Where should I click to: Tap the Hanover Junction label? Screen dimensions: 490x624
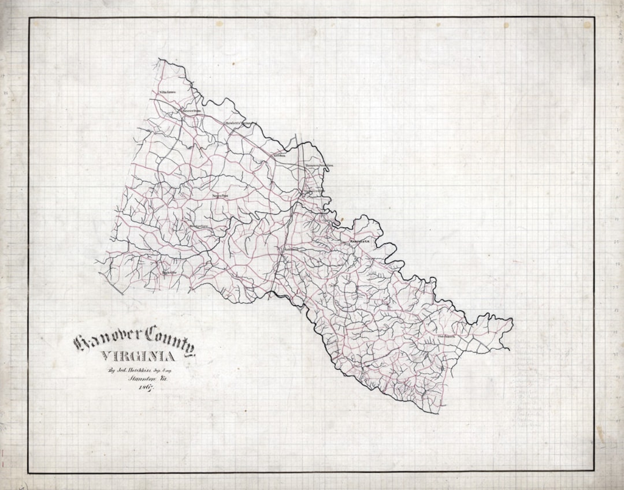320,165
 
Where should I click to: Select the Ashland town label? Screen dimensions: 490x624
290,249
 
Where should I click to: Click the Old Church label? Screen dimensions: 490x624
447,336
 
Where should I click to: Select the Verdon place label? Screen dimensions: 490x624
280,155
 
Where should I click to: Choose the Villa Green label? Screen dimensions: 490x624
167,92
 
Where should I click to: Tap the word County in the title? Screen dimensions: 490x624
170,338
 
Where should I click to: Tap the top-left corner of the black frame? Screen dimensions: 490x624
29,18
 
